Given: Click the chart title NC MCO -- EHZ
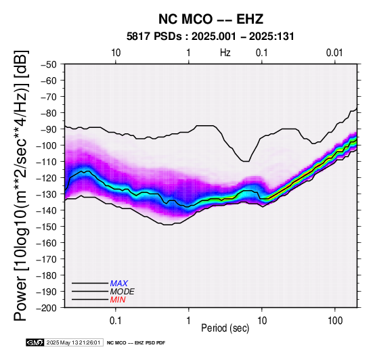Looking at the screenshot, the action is click(211, 19).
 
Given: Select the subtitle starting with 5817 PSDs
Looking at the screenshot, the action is click(210, 37).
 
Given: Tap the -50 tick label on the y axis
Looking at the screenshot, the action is click(49, 64).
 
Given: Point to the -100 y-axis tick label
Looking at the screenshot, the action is click(47, 145).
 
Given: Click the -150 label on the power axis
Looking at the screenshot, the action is click(47, 227).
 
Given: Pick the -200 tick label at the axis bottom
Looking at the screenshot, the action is click(47, 308).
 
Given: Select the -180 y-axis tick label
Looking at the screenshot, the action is click(47, 275).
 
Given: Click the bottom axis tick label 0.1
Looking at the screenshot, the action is click(116, 320).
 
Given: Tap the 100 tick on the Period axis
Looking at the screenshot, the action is click(335, 320).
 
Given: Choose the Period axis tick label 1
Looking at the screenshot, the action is click(189, 320).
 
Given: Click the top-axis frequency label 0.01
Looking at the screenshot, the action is click(334, 53).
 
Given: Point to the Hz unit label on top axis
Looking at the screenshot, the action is click(225, 53).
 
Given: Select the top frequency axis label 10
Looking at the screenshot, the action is click(116, 53).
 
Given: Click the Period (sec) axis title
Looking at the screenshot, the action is click(225, 328).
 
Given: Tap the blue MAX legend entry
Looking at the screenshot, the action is click(119, 284).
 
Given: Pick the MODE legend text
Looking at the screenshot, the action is click(123, 292).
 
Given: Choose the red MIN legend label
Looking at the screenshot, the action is click(118, 300).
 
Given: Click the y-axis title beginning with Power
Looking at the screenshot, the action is click(21, 185).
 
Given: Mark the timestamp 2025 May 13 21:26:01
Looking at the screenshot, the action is click(73, 342).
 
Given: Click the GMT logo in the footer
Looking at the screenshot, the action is click(35, 342).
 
